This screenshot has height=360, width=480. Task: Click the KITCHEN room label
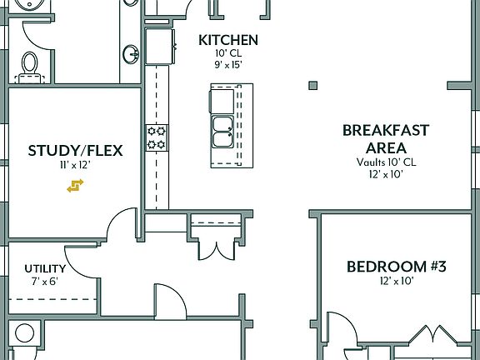227,40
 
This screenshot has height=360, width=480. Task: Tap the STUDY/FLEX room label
75,151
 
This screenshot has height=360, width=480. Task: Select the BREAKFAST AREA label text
386,138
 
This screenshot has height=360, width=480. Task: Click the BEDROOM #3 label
397,267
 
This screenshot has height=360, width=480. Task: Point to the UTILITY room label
45,269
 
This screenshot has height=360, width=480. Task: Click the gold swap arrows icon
76,186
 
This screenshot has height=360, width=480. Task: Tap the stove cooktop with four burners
157,137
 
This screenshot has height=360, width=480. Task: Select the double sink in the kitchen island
222,130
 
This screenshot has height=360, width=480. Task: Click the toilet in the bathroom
30,63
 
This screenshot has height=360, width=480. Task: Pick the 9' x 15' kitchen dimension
227,64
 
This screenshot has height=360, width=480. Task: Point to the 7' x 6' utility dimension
44,282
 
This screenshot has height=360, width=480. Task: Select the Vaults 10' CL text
386,162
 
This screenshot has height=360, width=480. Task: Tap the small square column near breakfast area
312,84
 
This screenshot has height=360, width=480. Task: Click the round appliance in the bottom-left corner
24,334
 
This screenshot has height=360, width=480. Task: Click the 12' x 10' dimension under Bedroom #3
397,282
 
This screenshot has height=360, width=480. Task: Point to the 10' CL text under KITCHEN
227,52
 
